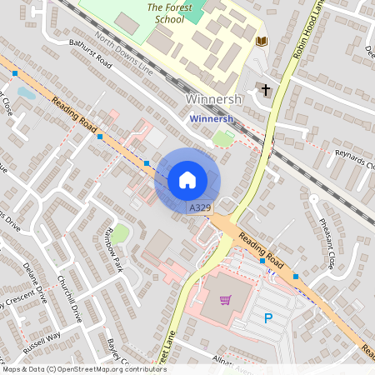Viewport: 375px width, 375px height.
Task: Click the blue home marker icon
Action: [187, 180]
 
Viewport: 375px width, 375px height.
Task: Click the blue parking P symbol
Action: [267, 317]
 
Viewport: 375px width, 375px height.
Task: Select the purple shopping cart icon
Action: [224, 300]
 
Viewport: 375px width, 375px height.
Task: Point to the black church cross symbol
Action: [266, 89]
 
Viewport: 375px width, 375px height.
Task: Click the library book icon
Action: [261, 41]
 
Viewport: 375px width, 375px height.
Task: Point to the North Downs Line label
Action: [124, 54]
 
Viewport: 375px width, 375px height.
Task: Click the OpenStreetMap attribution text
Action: [83, 369]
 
